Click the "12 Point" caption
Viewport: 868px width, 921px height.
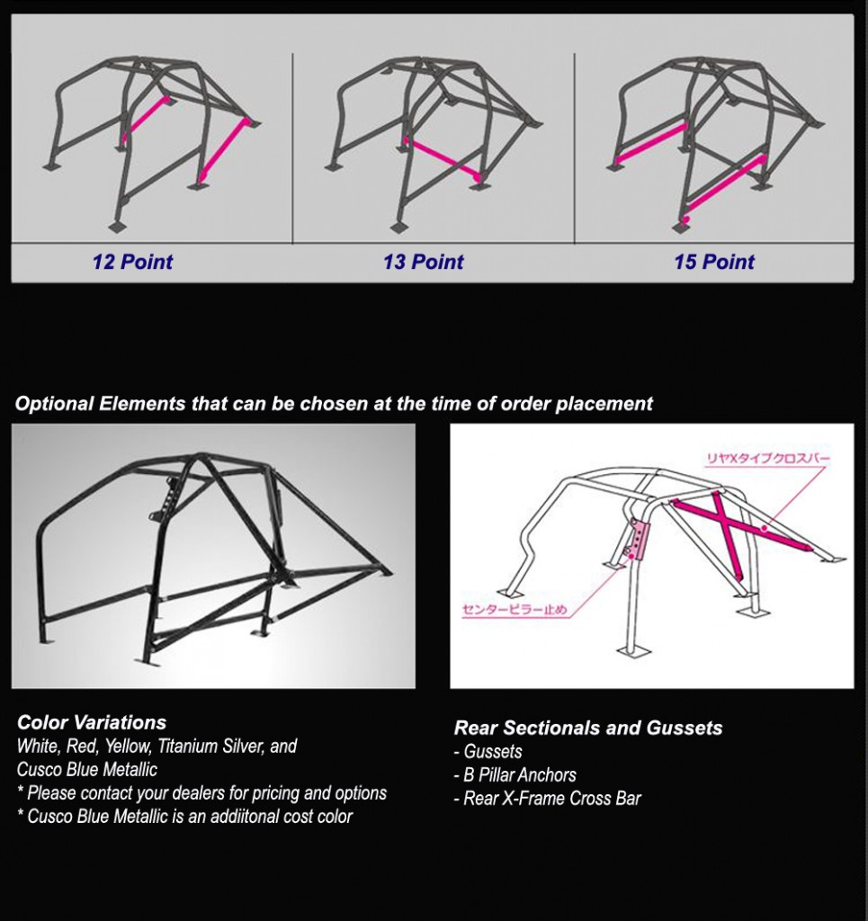coord(132,263)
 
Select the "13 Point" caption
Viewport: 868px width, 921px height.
coord(423,263)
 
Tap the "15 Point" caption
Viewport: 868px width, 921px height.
coord(714,263)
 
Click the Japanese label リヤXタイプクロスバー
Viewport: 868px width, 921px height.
coord(767,460)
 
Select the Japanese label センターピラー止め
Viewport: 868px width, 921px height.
coord(515,611)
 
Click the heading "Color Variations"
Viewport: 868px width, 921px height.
coord(92,722)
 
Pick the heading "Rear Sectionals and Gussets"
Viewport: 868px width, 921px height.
coord(588,729)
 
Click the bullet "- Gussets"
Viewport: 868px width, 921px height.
coord(488,751)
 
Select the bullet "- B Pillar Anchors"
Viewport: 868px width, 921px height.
coord(515,774)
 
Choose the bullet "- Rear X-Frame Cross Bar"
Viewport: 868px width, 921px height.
coord(548,798)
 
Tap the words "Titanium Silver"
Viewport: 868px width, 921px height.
coord(210,747)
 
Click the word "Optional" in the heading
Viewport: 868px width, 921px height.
coord(54,404)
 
